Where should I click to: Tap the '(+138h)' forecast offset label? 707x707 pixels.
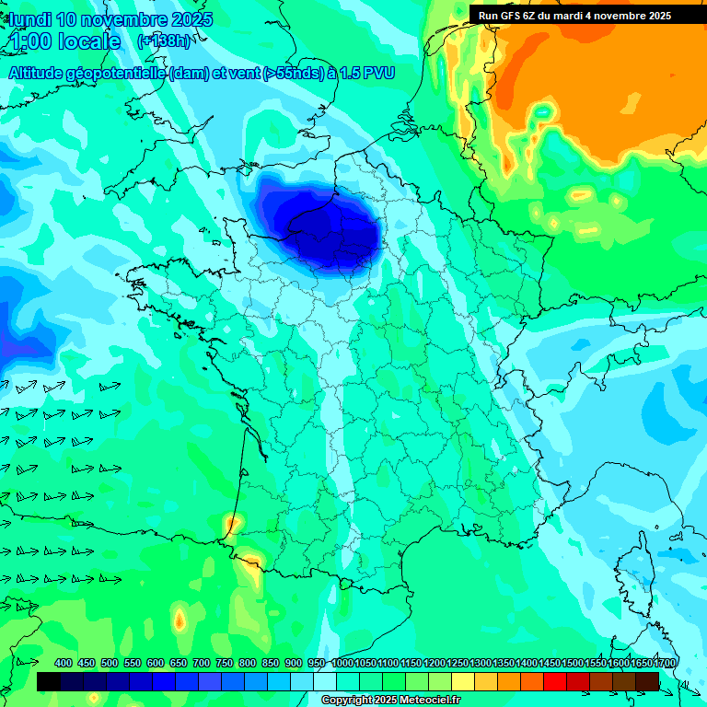click(164, 41)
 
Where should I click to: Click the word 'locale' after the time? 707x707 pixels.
click(88, 41)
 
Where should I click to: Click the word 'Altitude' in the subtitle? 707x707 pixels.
click(41, 73)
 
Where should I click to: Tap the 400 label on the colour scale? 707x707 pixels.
click(64, 663)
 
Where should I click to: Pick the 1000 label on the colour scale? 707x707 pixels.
click(342, 663)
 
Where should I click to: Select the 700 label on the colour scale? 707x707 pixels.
click(202, 663)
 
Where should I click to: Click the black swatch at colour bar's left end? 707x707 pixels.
click(49, 681)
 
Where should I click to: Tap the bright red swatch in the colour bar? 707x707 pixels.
click(555, 681)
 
